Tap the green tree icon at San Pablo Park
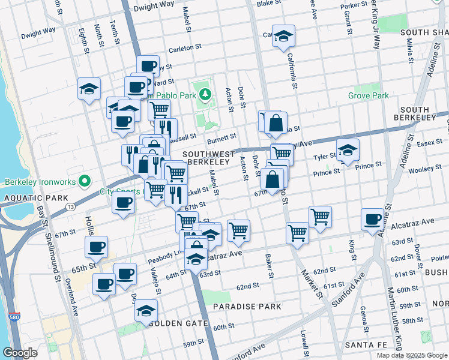pyautogui.click(x=205, y=94)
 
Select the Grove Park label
pyautogui.click(x=368, y=95)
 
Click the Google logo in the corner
pyautogui.click(x=20, y=352)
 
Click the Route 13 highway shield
pyautogui.click(x=71, y=206)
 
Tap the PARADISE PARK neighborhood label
pyautogui.click(x=247, y=307)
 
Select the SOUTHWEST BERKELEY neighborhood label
pyautogui.click(x=208, y=158)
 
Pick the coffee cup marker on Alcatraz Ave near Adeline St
pyautogui.click(x=373, y=219)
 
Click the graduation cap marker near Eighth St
pyautogui.click(x=89, y=89)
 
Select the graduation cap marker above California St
pyautogui.click(x=283, y=35)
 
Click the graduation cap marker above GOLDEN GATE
pyautogui.click(x=145, y=311)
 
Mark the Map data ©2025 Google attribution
pyautogui.click(x=412, y=355)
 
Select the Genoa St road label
pyautogui.click(x=364, y=318)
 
